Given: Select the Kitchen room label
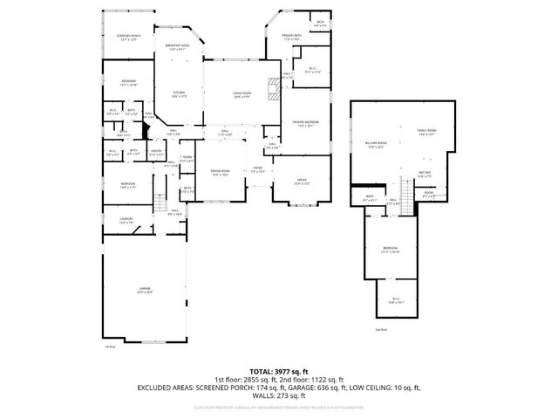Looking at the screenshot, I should (x=178, y=93).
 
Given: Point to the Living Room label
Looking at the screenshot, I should (x=242, y=93).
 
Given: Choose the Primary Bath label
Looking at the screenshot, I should (x=290, y=37).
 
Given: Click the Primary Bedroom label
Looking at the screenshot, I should (x=305, y=124).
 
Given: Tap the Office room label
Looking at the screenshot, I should (x=301, y=182).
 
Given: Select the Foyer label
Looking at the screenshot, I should (x=258, y=169).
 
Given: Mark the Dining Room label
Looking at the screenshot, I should (x=220, y=172).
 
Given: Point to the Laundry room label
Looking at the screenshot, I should (x=127, y=221).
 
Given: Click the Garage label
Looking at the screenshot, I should (x=145, y=292).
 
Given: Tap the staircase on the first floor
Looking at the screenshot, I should (x=160, y=204).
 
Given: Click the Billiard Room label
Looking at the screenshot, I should (x=377, y=144).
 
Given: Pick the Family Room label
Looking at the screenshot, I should (x=426, y=133).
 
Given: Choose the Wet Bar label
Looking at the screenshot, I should (x=425, y=174).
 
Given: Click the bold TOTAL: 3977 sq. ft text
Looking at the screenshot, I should (x=279, y=371).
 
